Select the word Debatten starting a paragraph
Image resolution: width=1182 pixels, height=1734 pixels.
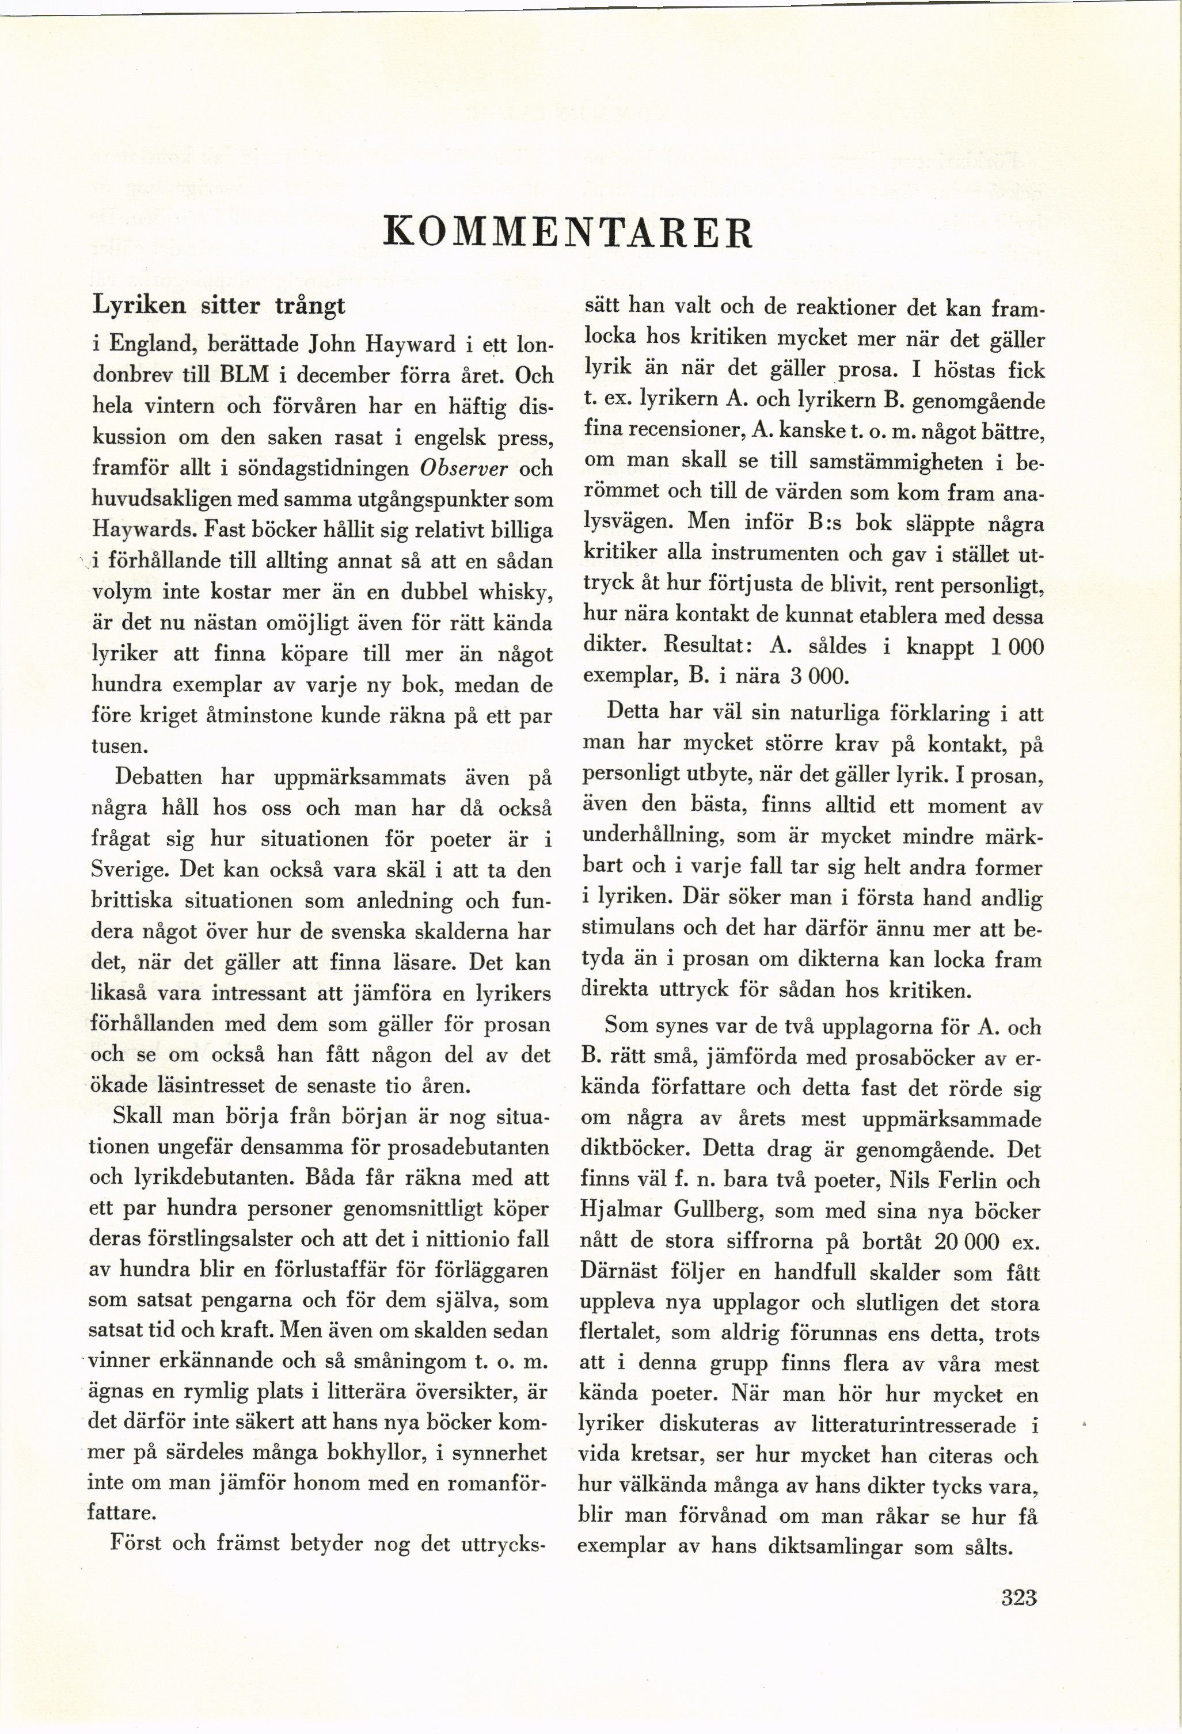[x=158, y=778]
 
